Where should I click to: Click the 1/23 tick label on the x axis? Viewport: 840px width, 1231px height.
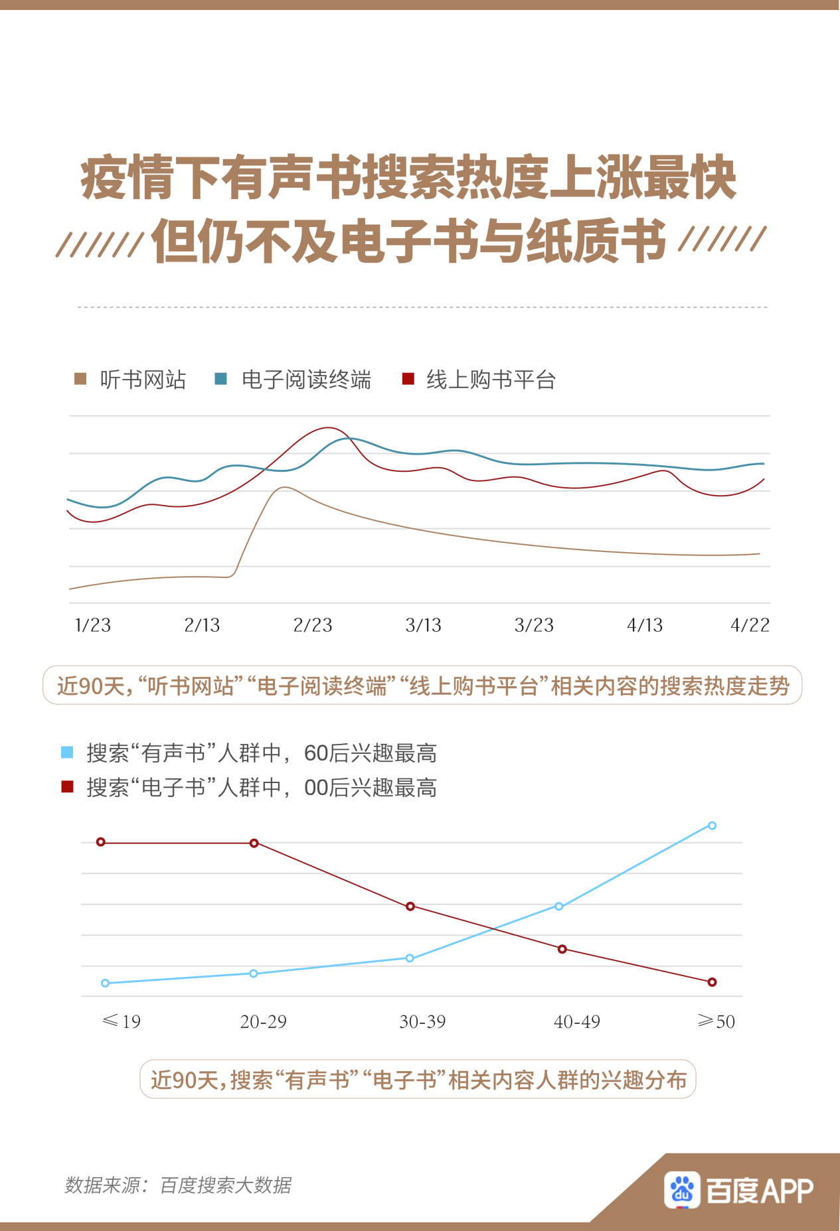coord(92,625)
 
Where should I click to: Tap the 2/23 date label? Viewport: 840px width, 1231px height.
coord(313,625)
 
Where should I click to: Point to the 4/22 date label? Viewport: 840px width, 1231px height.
coord(750,625)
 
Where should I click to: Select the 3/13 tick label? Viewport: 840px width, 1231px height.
coord(424,625)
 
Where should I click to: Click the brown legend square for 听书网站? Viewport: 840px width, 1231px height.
coord(80,379)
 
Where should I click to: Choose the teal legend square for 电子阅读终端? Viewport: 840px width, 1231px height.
coord(221,379)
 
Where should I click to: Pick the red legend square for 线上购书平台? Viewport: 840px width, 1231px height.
coord(408,379)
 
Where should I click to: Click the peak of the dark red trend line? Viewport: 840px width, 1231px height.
coord(328,428)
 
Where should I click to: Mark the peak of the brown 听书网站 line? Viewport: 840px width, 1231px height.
coord(284,488)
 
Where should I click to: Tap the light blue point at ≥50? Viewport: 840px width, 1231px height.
coord(712,826)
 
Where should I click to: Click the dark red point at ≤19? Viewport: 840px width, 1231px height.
coord(101,842)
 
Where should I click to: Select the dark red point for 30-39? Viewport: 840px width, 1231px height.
coord(410,906)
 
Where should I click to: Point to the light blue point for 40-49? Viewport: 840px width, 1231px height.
coord(559,906)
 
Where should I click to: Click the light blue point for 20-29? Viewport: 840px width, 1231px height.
coord(254,974)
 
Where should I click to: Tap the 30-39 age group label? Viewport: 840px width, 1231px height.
coord(422,1022)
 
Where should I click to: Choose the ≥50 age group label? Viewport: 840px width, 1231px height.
coord(716,1022)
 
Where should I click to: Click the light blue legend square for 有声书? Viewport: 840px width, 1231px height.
coord(67,753)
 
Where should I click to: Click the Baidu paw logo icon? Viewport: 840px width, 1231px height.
coord(682,1189)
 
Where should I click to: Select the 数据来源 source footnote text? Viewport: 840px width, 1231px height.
coord(178,1185)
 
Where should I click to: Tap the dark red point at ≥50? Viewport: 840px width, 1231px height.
coord(712,982)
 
